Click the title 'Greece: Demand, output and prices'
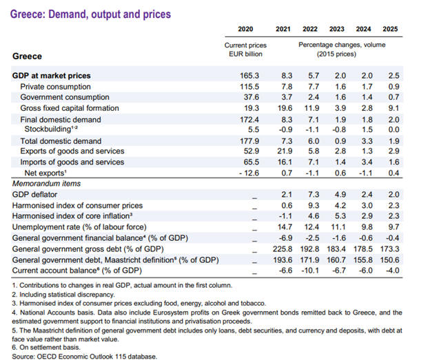pyautogui.click(x=91, y=13)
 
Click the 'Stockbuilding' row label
pyautogui.click(x=49, y=129)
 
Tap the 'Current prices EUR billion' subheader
pyautogui.click(x=245, y=50)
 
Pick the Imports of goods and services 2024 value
pyautogui.click(x=365, y=162)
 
